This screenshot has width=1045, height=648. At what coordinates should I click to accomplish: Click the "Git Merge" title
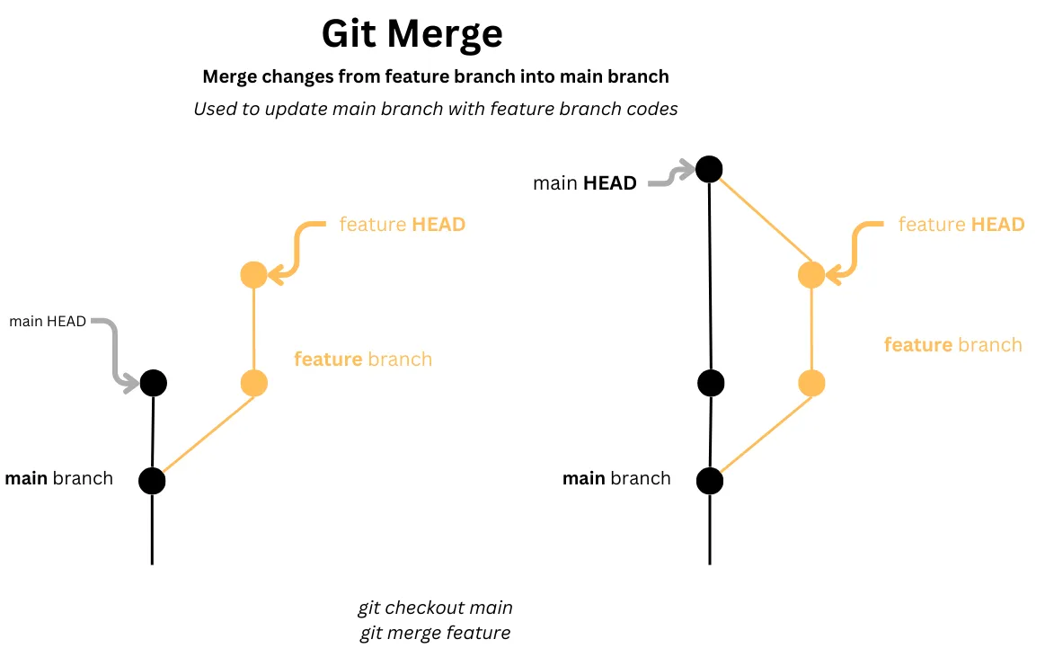(x=412, y=34)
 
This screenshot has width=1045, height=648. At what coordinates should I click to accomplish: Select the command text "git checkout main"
(x=435, y=608)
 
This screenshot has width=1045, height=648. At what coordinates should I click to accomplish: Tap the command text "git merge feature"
(x=435, y=633)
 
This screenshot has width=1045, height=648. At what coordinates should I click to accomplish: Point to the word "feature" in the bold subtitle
(x=417, y=76)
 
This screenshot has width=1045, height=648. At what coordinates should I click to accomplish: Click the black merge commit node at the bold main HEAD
(x=709, y=168)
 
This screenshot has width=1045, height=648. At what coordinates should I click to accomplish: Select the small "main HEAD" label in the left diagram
(x=48, y=321)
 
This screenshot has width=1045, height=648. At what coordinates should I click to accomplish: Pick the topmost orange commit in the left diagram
(x=254, y=274)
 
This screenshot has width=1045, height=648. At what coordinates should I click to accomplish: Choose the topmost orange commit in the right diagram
(x=811, y=274)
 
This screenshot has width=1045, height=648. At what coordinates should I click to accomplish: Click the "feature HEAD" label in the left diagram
(x=402, y=224)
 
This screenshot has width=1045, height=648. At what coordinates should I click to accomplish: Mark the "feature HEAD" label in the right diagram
(x=961, y=224)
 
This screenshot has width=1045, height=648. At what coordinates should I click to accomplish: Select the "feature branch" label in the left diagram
(x=362, y=360)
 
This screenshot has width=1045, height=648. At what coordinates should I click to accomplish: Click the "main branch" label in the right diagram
(x=616, y=478)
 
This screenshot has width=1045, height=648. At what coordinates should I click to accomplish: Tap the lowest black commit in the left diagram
(x=152, y=481)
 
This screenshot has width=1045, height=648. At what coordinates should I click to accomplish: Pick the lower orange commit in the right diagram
(x=811, y=384)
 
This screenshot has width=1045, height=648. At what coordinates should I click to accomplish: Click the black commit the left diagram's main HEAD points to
(x=153, y=383)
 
